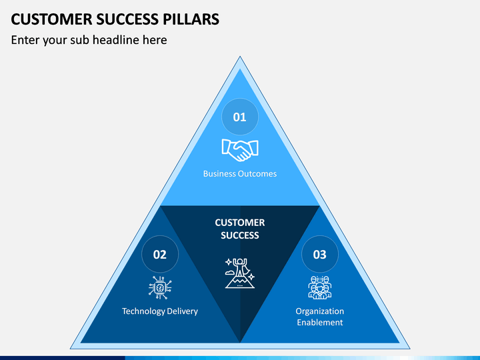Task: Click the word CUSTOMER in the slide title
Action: (x=51, y=19)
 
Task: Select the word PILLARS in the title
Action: (x=191, y=19)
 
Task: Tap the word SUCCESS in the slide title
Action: (x=127, y=19)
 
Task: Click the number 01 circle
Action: (x=240, y=117)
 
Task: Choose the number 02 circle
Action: (x=160, y=254)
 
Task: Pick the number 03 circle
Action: (x=320, y=254)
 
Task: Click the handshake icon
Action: (x=240, y=150)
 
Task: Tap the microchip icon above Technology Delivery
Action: (x=160, y=287)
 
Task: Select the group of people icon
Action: (x=320, y=287)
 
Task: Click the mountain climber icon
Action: (x=240, y=273)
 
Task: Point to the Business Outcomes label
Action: (x=240, y=173)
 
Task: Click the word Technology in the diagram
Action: (x=143, y=311)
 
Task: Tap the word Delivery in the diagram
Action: (x=183, y=311)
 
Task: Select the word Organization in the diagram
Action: (x=320, y=311)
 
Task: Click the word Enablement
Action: (x=320, y=323)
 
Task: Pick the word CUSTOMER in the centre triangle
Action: (x=240, y=223)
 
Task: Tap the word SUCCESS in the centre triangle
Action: (x=240, y=235)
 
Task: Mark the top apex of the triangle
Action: (x=240, y=56)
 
